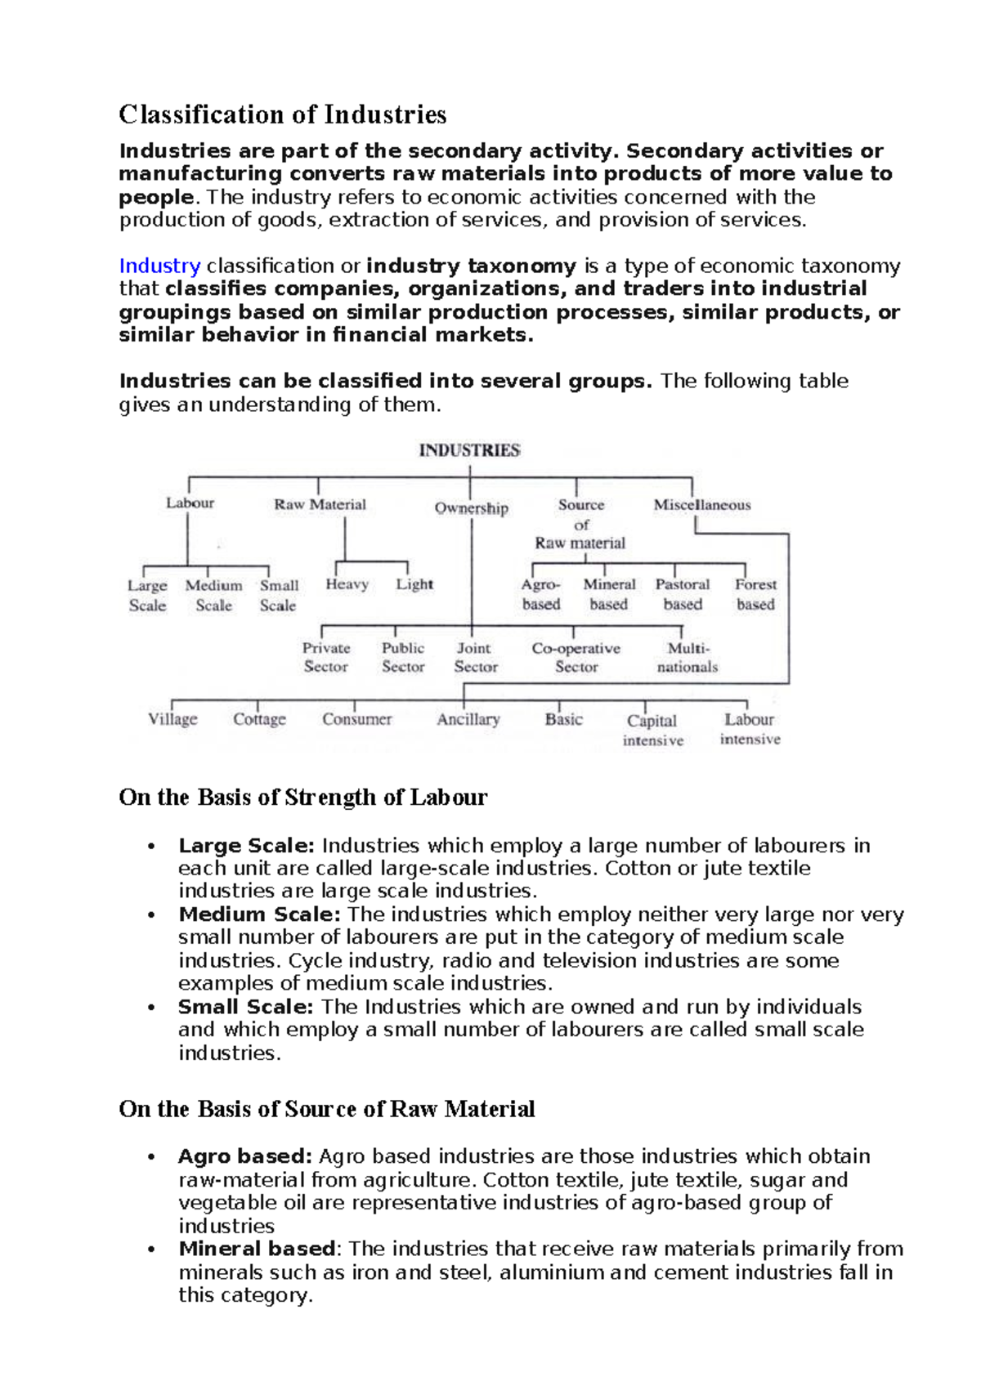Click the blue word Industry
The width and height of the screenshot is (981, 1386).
[x=159, y=266]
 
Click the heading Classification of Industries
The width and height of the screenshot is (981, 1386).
[x=282, y=114]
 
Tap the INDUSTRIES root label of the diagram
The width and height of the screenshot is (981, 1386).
[x=469, y=450]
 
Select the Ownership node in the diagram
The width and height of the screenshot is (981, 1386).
[x=471, y=508]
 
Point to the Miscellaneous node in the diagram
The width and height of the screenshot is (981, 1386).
[x=701, y=505]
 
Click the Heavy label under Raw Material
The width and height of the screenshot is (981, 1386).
[x=347, y=584]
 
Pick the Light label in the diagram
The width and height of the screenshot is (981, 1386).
[x=414, y=584]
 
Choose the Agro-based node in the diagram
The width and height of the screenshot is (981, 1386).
[x=540, y=594]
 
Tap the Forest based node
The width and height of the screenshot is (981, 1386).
[x=755, y=594]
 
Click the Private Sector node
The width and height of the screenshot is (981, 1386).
[x=326, y=657]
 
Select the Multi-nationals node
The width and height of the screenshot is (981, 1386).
[x=688, y=657]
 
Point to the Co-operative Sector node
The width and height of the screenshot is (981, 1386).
[x=576, y=657]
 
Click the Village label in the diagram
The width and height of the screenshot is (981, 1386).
[x=172, y=719]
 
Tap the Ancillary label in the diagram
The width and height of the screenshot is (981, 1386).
[x=468, y=719]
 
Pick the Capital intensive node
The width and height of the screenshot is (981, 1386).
[x=652, y=730]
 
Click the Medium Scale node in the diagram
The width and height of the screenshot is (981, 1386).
[x=213, y=595]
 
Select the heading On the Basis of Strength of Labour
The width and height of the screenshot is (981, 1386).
[x=302, y=798]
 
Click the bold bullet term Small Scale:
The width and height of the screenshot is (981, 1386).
[x=245, y=1007]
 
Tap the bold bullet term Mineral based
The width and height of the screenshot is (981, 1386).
[x=257, y=1249]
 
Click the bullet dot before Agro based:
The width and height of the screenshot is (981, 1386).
[x=151, y=1157]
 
